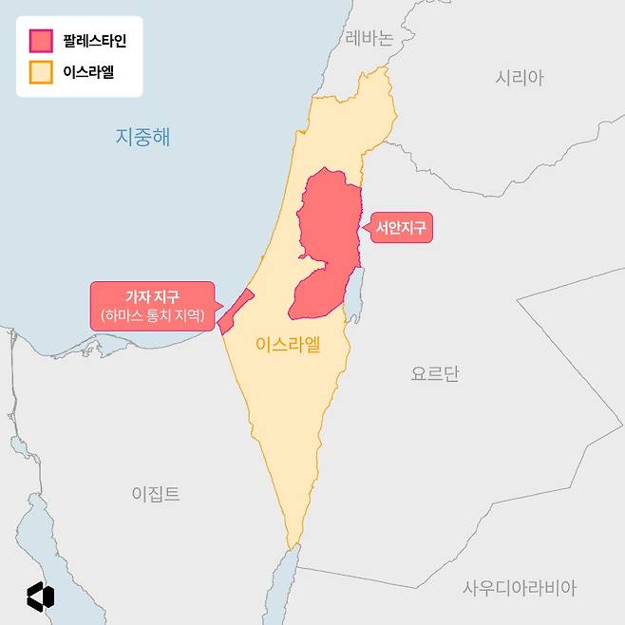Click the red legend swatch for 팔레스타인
click(x=41, y=41)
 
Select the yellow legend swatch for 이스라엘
click(x=41, y=71)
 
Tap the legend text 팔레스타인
click(x=93, y=41)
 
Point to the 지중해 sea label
click(x=142, y=137)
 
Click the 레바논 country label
click(x=369, y=39)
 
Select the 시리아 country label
click(x=520, y=78)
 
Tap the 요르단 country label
click(x=435, y=373)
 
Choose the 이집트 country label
click(x=156, y=494)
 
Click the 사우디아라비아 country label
click(x=520, y=588)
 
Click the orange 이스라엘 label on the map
click(x=288, y=345)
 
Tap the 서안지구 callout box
click(x=401, y=227)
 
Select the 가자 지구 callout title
click(x=152, y=297)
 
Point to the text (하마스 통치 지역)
click(x=152, y=315)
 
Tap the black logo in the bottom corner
click(x=41, y=596)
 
